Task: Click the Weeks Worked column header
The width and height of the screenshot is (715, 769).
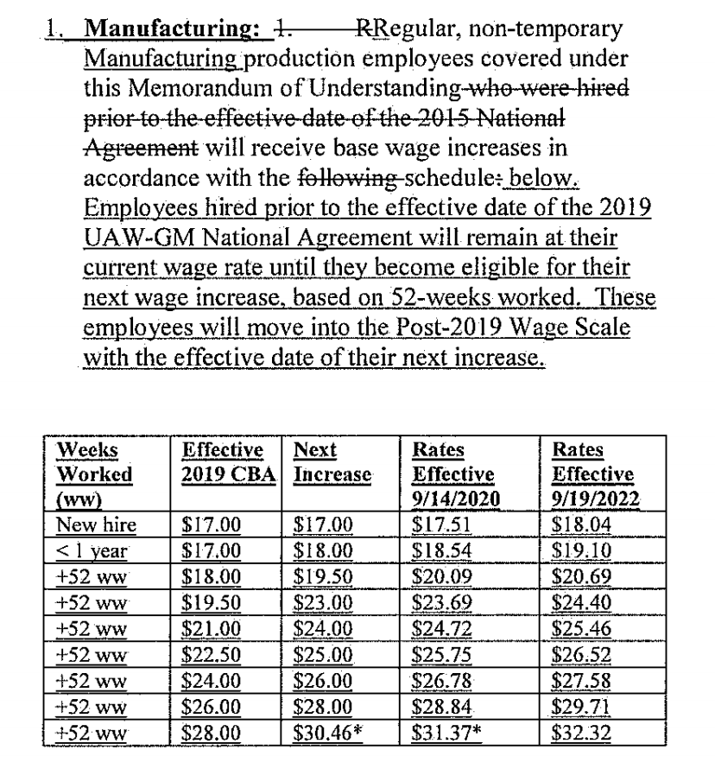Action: (94, 462)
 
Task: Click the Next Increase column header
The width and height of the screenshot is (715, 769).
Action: (332, 462)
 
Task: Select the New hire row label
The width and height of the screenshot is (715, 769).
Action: (95, 524)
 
